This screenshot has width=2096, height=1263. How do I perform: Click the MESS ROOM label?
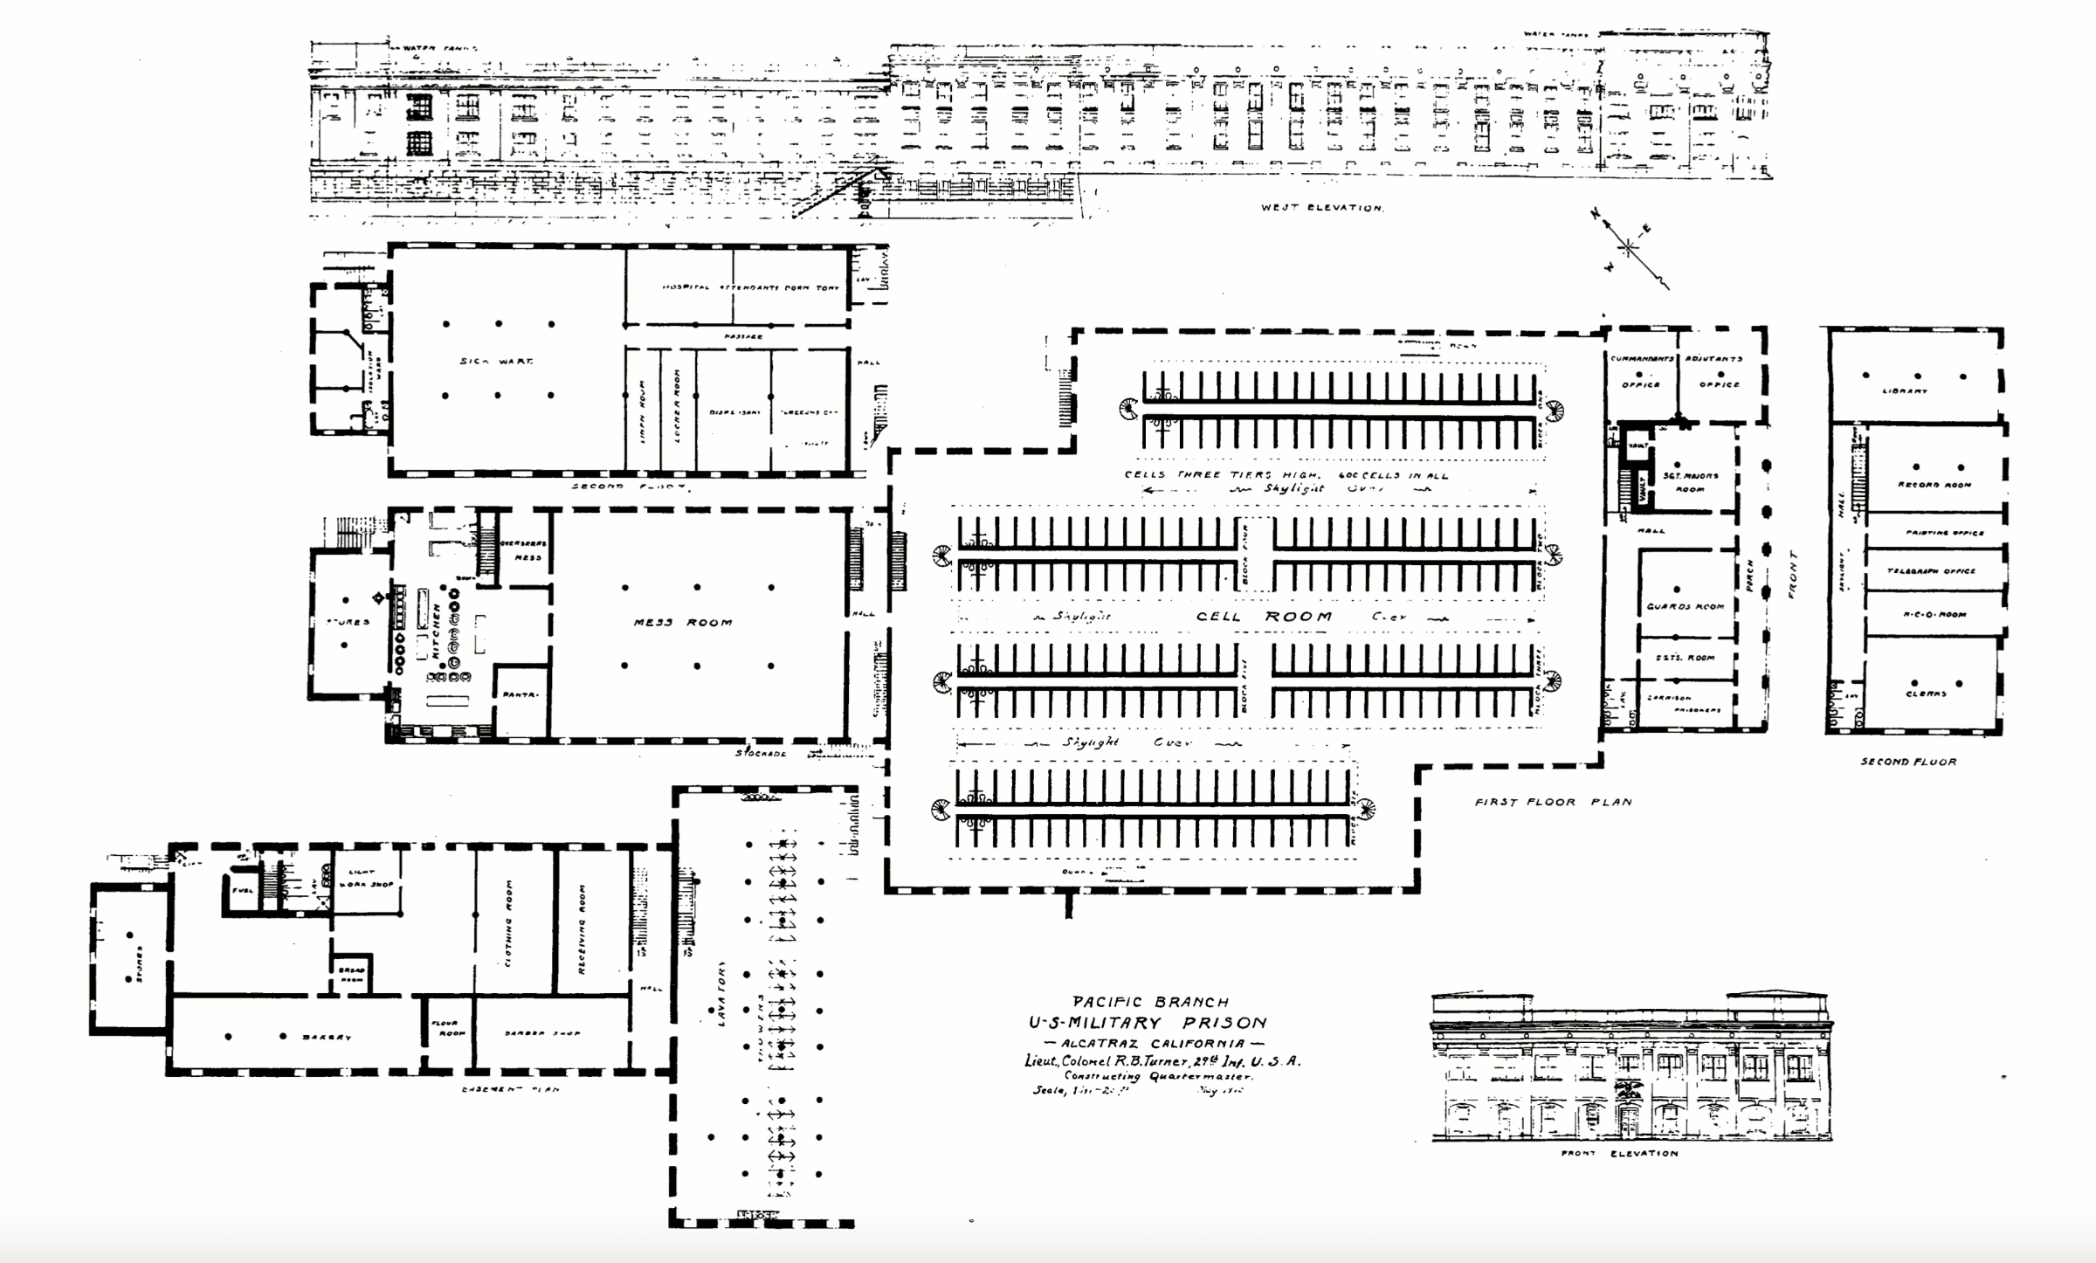[683, 623]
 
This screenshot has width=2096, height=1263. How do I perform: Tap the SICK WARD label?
[496, 361]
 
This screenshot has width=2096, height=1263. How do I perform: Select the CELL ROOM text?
[1264, 617]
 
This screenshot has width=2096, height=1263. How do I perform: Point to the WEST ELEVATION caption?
[1322, 208]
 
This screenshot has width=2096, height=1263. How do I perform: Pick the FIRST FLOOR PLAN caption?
[1553, 802]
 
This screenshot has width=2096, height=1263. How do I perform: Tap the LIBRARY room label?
[1905, 391]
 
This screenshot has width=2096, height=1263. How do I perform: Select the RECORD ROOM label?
[1934, 485]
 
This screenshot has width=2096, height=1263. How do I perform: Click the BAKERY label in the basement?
[327, 1038]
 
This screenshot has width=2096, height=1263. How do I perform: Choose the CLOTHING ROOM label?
[509, 935]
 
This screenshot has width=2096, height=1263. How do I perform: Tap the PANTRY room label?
[520, 695]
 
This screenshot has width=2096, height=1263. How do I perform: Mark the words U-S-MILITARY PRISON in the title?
[1147, 1023]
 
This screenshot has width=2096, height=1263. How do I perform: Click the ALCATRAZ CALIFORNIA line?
[1155, 1044]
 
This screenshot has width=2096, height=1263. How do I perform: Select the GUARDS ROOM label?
[1685, 606]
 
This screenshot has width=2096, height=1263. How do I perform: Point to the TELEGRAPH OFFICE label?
[1931, 571]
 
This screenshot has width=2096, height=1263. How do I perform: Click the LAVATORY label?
[722, 994]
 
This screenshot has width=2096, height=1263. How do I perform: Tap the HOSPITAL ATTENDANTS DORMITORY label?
[750, 287]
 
